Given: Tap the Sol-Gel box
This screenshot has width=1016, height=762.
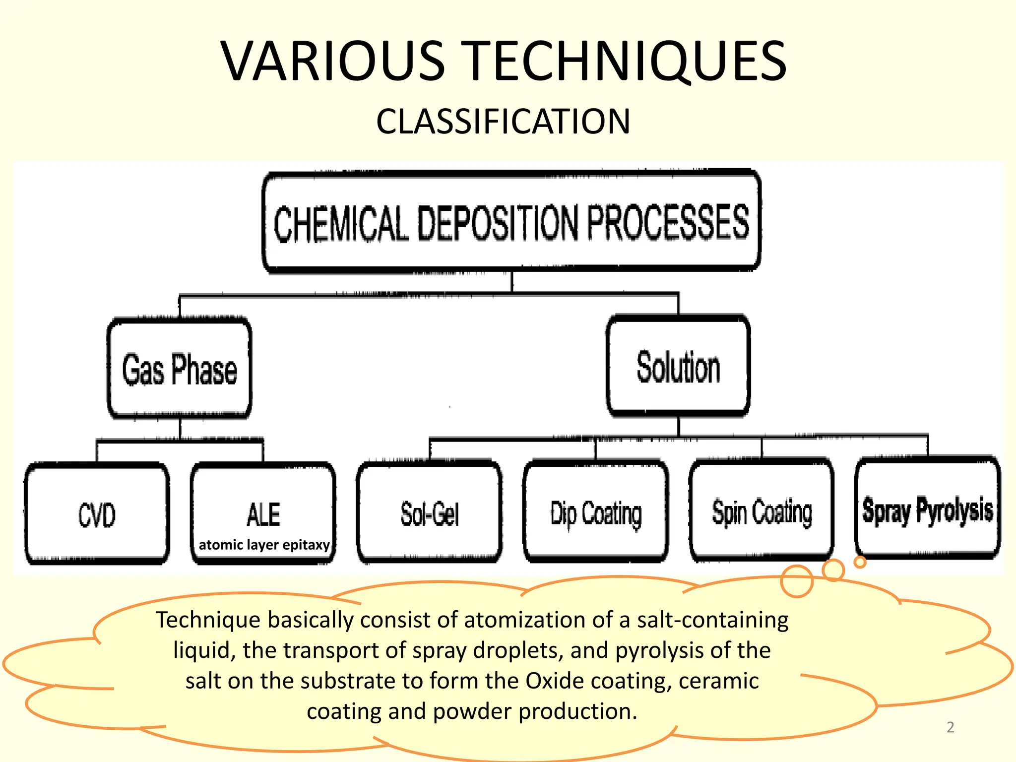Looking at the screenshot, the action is tap(430, 512).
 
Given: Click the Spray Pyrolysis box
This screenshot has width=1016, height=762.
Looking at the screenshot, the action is tap(928, 508).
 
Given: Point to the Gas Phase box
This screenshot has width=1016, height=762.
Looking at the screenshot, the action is tap(180, 368).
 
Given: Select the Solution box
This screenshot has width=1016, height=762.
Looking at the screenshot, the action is tap(678, 366).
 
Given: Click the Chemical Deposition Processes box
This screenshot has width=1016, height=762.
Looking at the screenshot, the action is tap(511, 221).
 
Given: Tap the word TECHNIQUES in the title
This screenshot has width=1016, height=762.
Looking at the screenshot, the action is tap(626, 61).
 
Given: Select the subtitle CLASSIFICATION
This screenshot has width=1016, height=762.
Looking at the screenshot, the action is tap(503, 122).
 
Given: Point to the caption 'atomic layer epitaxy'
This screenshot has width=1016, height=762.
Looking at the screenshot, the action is tap(264, 545).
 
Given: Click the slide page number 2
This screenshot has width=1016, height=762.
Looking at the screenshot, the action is tap(951, 727).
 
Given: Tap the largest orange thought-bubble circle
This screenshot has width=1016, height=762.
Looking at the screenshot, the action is tap(797, 581).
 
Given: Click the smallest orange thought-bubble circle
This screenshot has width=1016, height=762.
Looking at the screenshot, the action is tap(860, 562).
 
